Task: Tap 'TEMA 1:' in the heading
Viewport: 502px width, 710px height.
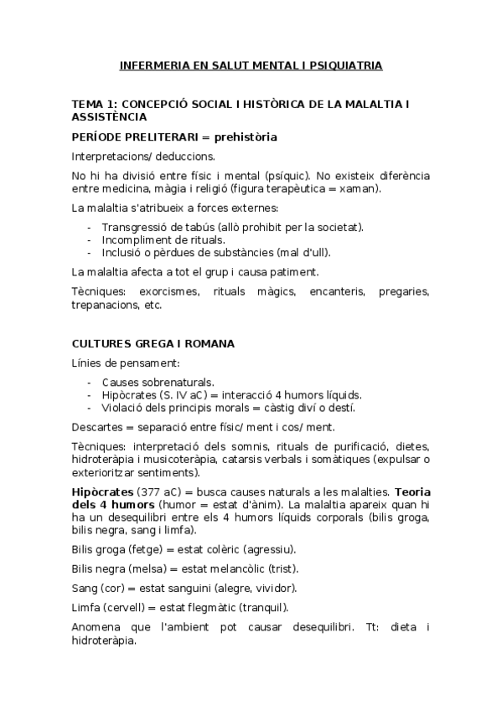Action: [94, 104]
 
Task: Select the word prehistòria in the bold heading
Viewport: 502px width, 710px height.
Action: [246, 136]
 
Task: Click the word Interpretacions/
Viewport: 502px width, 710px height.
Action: [111, 156]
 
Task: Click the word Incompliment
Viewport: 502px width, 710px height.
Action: [132, 239]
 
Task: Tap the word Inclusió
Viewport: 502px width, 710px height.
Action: [122, 252]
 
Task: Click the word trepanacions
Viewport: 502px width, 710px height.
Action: [105, 305]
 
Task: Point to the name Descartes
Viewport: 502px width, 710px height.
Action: [97, 426]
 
